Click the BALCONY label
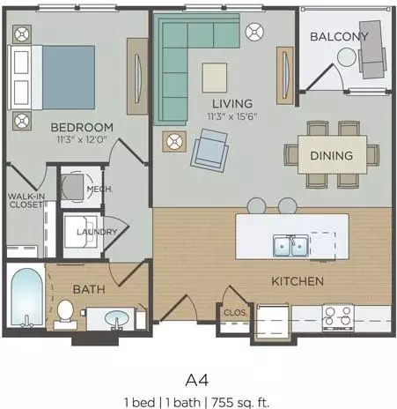(x=339, y=36)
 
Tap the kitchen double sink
(x=290, y=245)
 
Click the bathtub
(x=26, y=297)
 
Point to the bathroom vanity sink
(x=117, y=318)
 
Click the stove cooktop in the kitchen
(x=338, y=318)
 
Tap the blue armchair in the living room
(x=210, y=150)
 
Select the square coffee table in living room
(x=215, y=78)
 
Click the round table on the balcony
(x=347, y=57)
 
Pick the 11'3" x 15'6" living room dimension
(x=232, y=116)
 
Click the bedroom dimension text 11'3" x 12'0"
(x=82, y=139)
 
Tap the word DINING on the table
(x=332, y=155)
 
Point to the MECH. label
(x=99, y=189)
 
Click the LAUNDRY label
(x=97, y=232)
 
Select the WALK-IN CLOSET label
(x=26, y=200)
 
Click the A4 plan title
(x=197, y=381)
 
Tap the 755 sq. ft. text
(x=240, y=402)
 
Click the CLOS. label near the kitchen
(x=235, y=312)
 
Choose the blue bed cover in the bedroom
(x=69, y=78)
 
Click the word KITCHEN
(x=298, y=281)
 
